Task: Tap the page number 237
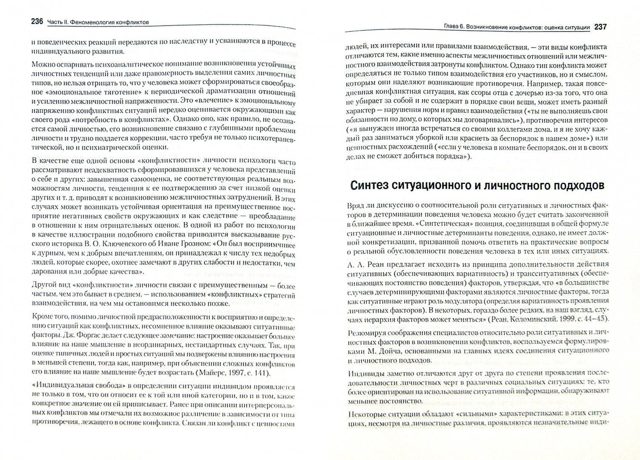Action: (600, 27)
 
